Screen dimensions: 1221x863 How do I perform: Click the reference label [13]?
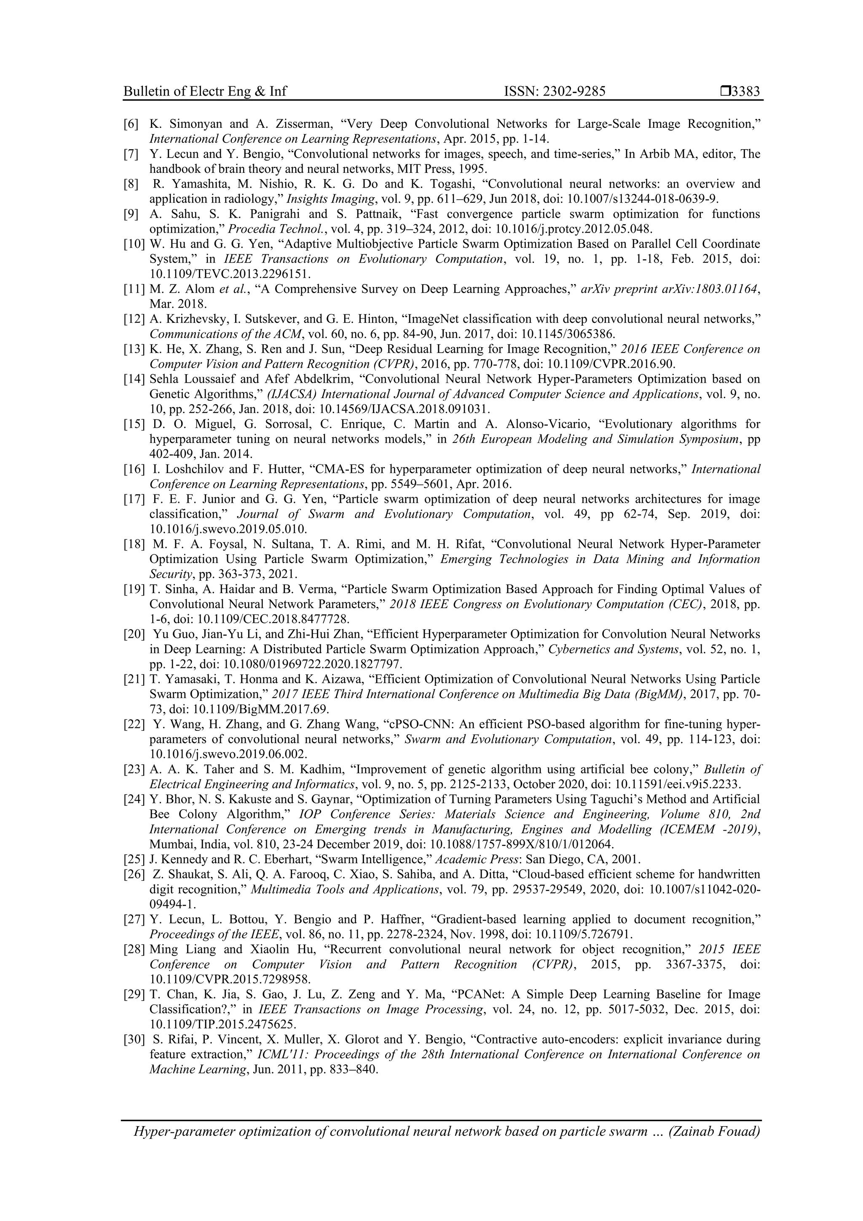point(134,349)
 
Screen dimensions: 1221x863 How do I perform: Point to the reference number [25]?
point(134,859)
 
